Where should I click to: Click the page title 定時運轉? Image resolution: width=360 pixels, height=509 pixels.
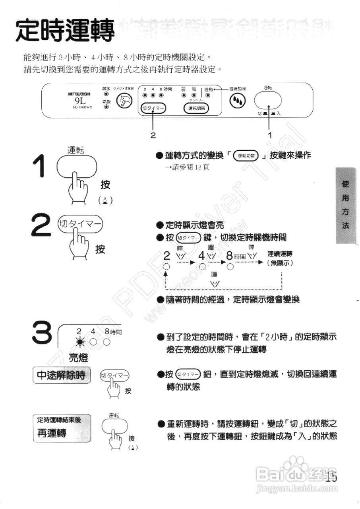pyautogui.click(x=65, y=31)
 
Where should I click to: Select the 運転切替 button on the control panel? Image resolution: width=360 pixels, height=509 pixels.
pyautogui.click(x=196, y=108)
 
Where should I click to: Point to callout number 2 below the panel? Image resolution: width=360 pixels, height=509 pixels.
pyautogui.click(x=153, y=135)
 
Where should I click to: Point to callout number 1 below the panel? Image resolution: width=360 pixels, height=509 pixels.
pyautogui.click(x=270, y=135)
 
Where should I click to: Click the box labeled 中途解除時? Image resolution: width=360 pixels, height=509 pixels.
pyautogui.click(x=61, y=375)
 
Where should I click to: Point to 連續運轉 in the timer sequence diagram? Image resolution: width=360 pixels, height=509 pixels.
pyautogui.click(x=280, y=254)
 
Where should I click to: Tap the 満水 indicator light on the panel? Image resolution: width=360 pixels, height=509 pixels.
pyautogui.click(x=106, y=95)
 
